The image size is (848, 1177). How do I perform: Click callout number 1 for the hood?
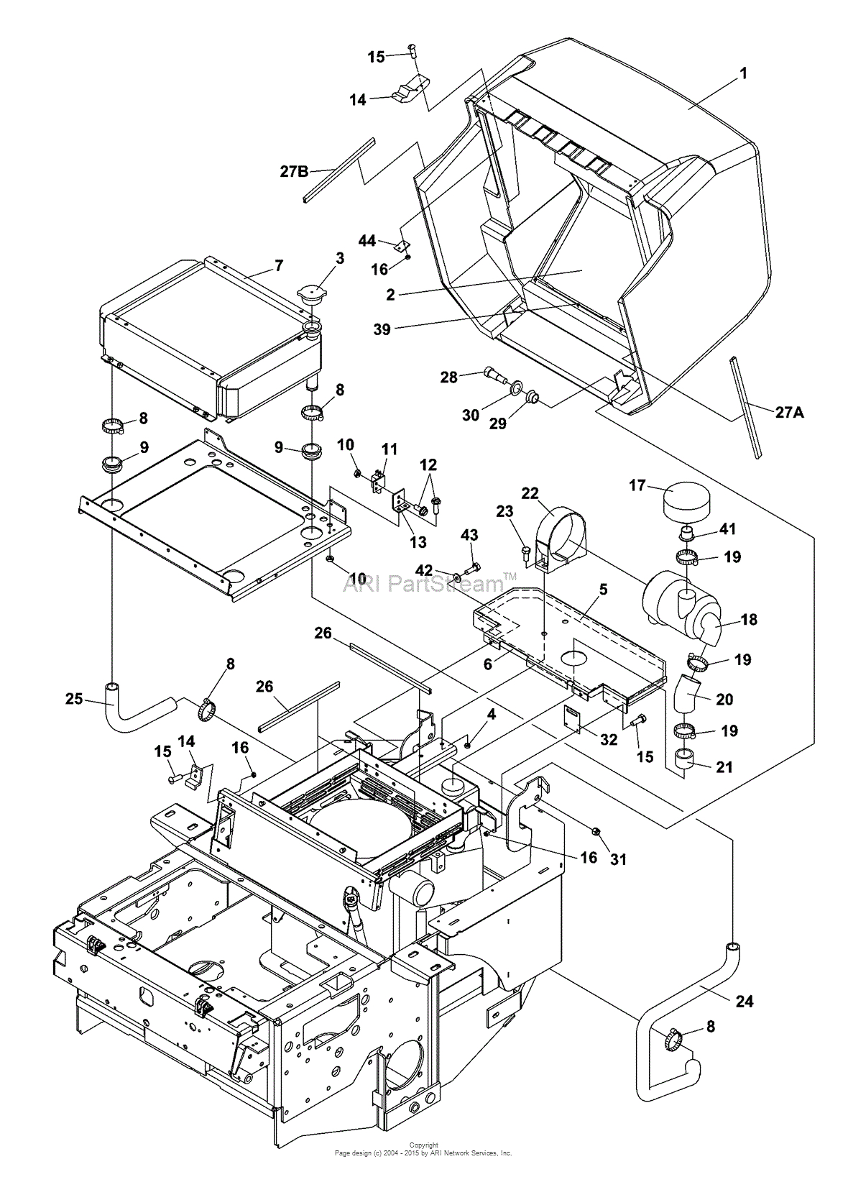pos(744,73)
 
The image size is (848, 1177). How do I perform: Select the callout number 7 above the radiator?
pos(279,266)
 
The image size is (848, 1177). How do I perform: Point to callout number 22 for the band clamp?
pos(530,493)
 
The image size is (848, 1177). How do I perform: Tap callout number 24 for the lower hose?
pos(745,1000)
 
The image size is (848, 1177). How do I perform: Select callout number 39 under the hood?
pos(382,329)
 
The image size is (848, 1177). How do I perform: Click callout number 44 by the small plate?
pos(367,241)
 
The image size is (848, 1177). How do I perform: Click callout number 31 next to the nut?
pos(618,859)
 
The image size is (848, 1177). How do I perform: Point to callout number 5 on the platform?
pos(603,590)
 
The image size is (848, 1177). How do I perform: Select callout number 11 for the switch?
pos(389,449)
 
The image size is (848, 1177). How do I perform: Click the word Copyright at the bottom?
pos(423,1145)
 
